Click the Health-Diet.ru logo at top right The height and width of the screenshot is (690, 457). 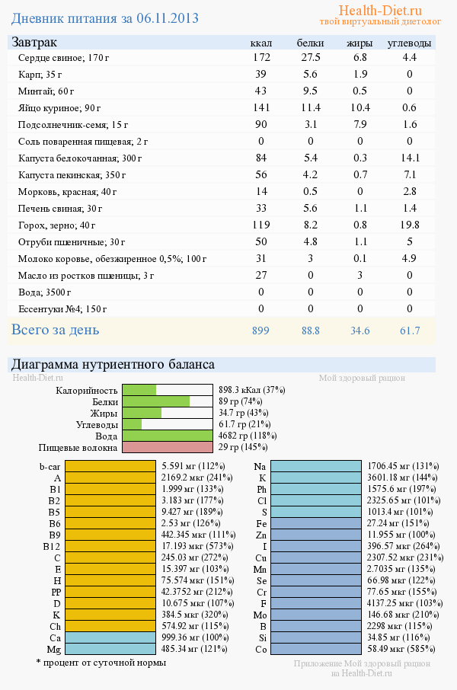coord(379,11)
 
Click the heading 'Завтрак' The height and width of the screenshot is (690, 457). coord(34,43)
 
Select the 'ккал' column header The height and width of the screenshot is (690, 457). coord(261,43)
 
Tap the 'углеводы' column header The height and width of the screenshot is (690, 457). coord(409,43)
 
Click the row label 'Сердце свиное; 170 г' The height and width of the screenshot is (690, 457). coord(64,58)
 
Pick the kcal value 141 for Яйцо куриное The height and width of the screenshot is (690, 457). coord(261,107)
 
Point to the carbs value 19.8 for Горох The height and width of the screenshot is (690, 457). coord(409,225)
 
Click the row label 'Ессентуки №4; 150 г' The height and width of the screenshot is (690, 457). coord(62,309)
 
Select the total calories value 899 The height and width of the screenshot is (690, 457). coord(261,331)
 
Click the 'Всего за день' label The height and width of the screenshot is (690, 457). coord(55,330)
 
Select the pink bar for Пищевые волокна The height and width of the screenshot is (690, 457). coord(167,448)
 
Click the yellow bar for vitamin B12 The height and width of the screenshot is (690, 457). coord(110,546)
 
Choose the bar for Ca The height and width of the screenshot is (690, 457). coord(110,637)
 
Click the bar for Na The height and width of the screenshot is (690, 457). coord(315,466)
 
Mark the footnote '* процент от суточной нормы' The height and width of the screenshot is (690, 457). coord(101,663)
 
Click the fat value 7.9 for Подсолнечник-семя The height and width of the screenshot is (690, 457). coord(360,124)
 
